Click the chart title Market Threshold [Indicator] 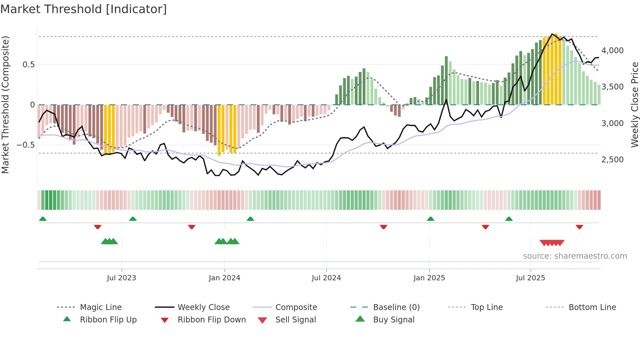(x=84, y=9)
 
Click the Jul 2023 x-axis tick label (x=121, y=278)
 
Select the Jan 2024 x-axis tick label (x=224, y=278)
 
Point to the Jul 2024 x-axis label (x=326, y=278)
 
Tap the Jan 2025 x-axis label (x=429, y=278)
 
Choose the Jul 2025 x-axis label (x=531, y=278)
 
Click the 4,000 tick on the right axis (x=613, y=51)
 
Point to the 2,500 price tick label (x=613, y=160)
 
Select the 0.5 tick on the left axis (x=28, y=65)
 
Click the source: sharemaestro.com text (x=575, y=256)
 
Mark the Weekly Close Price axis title (x=634, y=105)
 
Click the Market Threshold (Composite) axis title (x=5, y=105)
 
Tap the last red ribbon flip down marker (x=579, y=227)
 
